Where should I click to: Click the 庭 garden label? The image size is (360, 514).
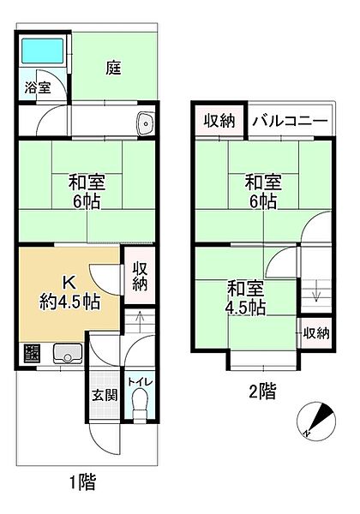tap(113, 68)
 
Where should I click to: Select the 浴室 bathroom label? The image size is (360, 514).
tap(36, 87)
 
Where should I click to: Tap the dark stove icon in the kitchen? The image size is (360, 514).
tap(32, 352)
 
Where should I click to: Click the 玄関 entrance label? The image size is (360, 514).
tap(104, 395)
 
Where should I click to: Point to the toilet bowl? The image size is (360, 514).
tap(141, 403)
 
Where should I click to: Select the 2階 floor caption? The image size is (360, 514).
tap(262, 392)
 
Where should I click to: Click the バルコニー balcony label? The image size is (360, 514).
tap(289, 121)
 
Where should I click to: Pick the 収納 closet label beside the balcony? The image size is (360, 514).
tap(219, 121)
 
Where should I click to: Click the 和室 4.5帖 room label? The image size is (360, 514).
tap(246, 297)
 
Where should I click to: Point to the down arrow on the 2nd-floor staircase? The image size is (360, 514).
tap(316, 296)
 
